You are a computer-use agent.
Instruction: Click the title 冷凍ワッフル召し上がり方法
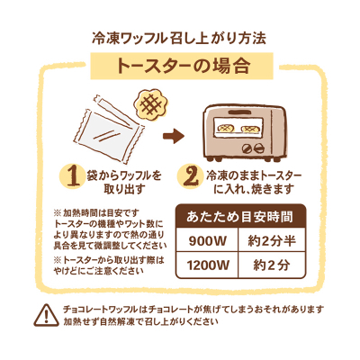[179, 39]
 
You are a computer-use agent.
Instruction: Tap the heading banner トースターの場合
[182, 66]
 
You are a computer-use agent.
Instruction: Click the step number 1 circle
[73, 177]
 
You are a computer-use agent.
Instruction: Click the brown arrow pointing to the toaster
[174, 136]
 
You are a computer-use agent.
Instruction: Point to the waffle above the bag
[150, 103]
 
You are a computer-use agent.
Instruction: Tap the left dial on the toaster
[247, 148]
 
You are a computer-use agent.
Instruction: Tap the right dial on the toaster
[258, 148]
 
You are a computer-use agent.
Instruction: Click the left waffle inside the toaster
[226, 129]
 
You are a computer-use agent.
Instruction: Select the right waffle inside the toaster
[249, 129]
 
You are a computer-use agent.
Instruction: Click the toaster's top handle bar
[240, 112]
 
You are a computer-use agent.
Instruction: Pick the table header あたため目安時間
[239, 217]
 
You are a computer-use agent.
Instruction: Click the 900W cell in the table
[207, 240]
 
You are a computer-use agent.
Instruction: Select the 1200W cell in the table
[207, 265]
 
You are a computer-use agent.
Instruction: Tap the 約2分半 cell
[272, 240]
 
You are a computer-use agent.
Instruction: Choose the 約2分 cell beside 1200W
[272, 265]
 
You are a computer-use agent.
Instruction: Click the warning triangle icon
[46, 315]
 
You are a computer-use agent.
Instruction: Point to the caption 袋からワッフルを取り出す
[124, 183]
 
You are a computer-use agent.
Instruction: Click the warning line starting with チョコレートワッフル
[193, 309]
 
